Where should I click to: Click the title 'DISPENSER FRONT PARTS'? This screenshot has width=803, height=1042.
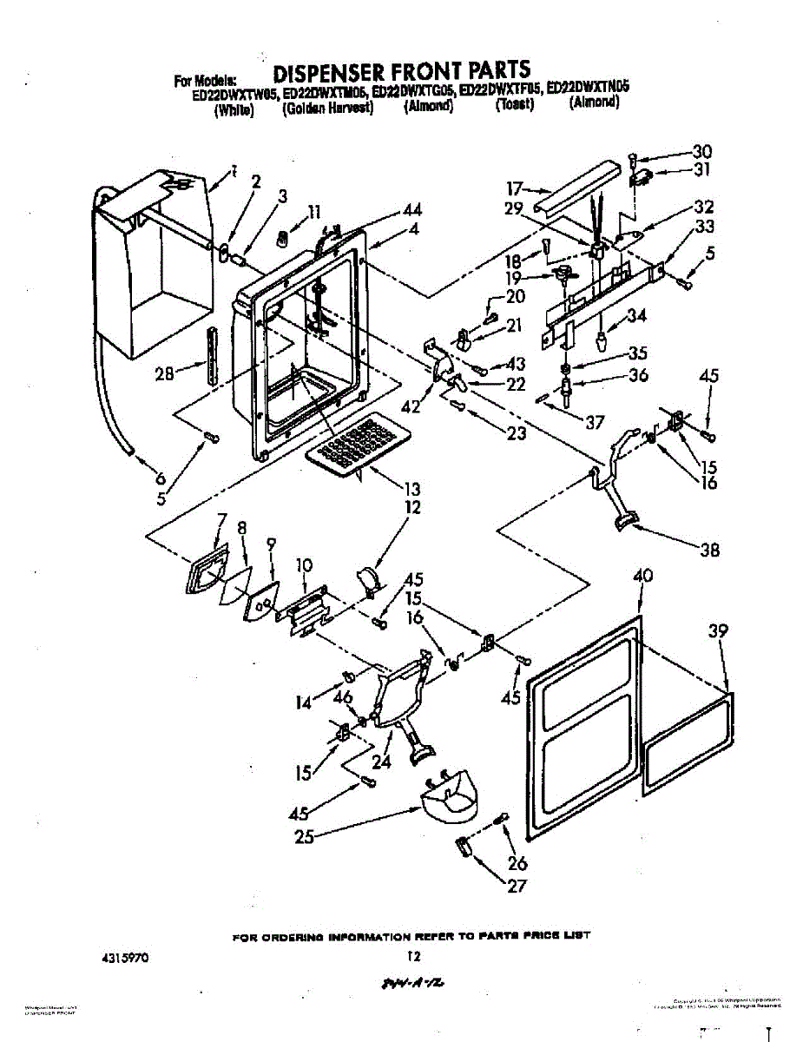(x=401, y=69)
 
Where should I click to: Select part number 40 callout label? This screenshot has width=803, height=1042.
(x=642, y=576)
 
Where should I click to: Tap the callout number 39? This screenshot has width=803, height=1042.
(x=717, y=631)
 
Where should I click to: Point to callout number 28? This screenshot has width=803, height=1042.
(x=163, y=373)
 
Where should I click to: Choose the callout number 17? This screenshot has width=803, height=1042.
(x=515, y=187)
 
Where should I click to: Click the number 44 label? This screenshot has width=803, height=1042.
(x=412, y=209)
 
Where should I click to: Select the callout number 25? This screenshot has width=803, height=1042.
(x=303, y=837)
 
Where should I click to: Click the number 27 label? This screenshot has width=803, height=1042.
(x=517, y=886)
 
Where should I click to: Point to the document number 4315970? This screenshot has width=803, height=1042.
(x=126, y=959)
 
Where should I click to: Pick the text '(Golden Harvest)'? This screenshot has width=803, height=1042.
(x=327, y=108)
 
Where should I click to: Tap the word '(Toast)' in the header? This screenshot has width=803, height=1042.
(x=514, y=105)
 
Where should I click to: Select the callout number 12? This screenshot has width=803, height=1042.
(x=412, y=508)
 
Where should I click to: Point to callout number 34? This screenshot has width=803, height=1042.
(x=636, y=316)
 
